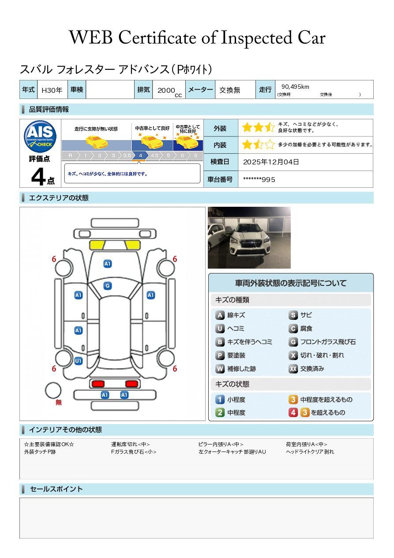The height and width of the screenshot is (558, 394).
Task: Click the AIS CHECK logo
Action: click(x=40, y=137)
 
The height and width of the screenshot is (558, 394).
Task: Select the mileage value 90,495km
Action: click(x=295, y=87)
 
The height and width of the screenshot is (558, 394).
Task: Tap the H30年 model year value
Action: click(x=52, y=90)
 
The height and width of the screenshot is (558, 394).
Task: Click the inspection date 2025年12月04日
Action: click(x=271, y=162)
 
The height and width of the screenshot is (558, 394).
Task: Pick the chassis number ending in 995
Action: click(x=259, y=180)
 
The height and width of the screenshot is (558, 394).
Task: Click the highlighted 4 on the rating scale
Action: click(x=140, y=156)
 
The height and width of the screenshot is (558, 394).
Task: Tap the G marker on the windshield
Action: click(x=108, y=286)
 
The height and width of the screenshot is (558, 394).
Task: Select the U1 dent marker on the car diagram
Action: click(x=79, y=361)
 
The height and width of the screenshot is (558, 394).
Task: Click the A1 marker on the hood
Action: click(x=108, y=264)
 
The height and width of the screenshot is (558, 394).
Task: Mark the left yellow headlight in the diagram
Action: click(x=97, y=245)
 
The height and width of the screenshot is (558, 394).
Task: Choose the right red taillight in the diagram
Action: click(x=131, y=383)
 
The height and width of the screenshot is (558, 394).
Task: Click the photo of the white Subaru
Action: click(x=249, y=238)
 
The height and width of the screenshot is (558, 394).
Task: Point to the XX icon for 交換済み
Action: click(x=293, y=368)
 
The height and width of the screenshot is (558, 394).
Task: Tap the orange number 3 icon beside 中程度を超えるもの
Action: click(x=293, y=399)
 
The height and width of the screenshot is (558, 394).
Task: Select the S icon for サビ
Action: click(x=293, y=315)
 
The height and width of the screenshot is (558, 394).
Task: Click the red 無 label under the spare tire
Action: click(x=59, y=402)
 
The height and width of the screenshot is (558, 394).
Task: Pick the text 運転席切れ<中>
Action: click(x=131, y=444)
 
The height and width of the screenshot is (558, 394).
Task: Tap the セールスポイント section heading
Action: click(x=56, y=489)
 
